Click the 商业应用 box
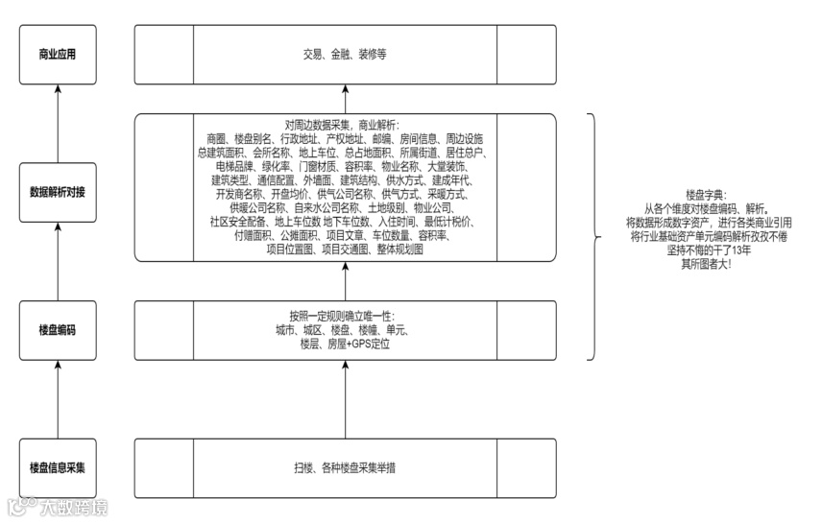(58, 55)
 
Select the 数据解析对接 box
(58, 192)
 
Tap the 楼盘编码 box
(58, 330)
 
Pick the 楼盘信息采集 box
(58, 467)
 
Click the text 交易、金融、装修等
(345, 55)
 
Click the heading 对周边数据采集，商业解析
(345, 124)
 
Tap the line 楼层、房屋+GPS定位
(345, 343)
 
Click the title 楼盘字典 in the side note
(706, 193)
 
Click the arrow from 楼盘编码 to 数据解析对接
(58, 262)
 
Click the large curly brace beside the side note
(597, 236)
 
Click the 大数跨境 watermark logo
(58, 507)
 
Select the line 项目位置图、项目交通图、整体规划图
(345, 249)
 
